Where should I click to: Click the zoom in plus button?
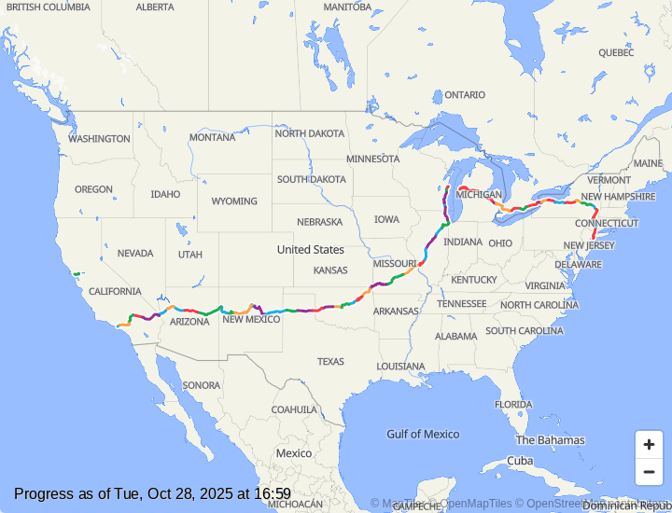(x=649, y=445)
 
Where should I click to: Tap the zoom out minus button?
(x=649, y=472)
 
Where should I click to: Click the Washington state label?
(x=99, y=139)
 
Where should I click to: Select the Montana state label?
(x=212, y=137)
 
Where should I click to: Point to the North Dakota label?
(x=309, y=133)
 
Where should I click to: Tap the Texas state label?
(x=330, y=362)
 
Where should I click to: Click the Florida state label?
(x=513, y=405)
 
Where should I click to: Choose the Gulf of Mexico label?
(x=423, y=434)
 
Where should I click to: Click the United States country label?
(x=310, y=250)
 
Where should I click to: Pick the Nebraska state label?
(x=319, y=222)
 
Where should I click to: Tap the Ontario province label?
(x=464, y=95)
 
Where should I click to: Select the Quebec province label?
(x=616, y=53)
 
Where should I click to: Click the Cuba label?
(x=520, y=462)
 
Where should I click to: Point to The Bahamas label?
(x=550, y=440)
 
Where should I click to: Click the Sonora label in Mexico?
(x=202, y=385)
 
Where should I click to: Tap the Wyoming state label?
(x=233, y=201)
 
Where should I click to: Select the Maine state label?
(x=648, y=164)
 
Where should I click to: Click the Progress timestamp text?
(x=152, y=494)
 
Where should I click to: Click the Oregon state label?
(x=93, y=189)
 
